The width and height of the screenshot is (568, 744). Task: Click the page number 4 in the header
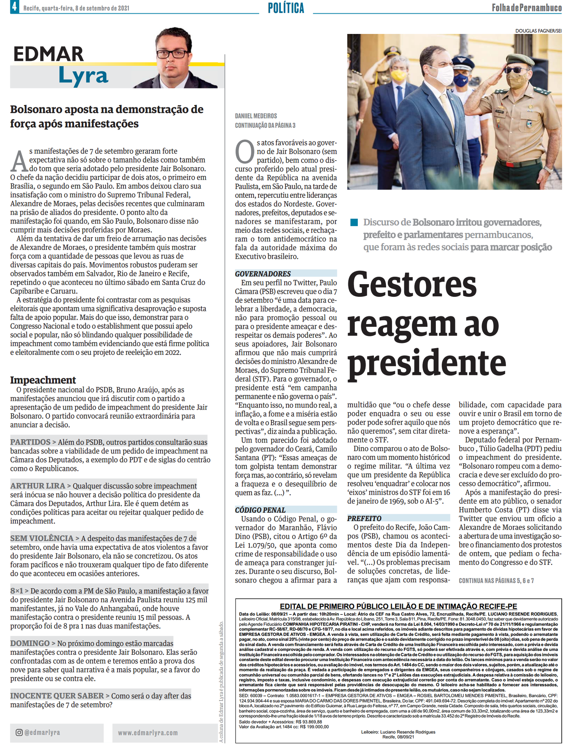coord(14,7)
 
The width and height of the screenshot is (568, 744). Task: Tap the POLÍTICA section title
coord(286,8)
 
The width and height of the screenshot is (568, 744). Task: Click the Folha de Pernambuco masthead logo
coord(527,7)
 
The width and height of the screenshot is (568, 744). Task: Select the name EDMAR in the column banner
coord(49,54)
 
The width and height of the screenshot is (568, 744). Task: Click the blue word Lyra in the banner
coord(83,76)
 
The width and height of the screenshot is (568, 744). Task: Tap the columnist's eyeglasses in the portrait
coord(172,54)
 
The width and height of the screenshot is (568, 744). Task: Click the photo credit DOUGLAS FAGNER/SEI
coord(538,31)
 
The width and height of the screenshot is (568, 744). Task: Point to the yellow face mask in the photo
coord(399,75)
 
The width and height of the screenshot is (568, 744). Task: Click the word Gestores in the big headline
coord(412,285)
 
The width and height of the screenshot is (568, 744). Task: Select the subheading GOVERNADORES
coord(263,274)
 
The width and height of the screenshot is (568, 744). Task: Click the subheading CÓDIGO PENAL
coord(260,510)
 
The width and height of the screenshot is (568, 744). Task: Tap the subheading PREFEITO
coord(364,518)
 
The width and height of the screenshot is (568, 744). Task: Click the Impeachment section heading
coord(43,380)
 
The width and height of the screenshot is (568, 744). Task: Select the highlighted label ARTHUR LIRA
coord(38,486)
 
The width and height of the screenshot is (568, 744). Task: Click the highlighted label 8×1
coord(17,591)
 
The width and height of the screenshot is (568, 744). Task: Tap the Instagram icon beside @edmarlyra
coord(19,733)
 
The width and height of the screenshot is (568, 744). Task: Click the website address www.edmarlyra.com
coord(148,733)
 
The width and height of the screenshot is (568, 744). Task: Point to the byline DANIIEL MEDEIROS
coord(256,116)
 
